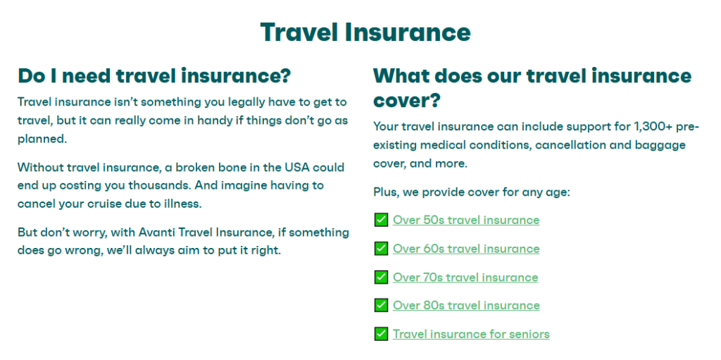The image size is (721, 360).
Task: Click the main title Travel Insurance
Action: click(365, 32)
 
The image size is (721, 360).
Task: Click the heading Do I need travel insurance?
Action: click(154, 75)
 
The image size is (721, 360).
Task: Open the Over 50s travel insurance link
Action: click(466, 220)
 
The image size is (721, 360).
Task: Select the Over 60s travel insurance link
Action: click(466, 249)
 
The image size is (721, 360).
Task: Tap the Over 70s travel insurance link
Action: click(465, 277)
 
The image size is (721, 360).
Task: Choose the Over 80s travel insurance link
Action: click(466, 305)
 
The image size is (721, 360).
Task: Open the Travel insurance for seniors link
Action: click(471, 334)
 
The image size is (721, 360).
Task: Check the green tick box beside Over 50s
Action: click(381, 220)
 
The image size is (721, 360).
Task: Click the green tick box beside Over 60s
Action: click(381, 249)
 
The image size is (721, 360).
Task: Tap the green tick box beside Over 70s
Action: click(381, 277)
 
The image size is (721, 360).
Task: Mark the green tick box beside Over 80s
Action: click(381, 305)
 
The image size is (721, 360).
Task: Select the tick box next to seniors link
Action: click(381, 334)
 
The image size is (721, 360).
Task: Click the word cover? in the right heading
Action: click(406, 100)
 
